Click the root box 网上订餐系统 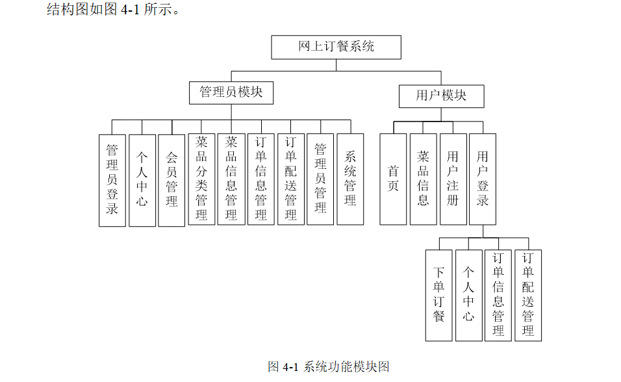click(x=336, y=47)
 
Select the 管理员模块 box click(x=231, y=92)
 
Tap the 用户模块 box click(x=441, y=96)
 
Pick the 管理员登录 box click(x=112, y=180)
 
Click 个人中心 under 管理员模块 click(x=142, y=180)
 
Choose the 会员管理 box click(x=171, y=180)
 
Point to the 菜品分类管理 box click(x=201, y=179)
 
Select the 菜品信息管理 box click(x=231, y=179)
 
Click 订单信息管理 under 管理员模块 click(x=261, y=179)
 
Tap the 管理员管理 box click(x=320, y=179)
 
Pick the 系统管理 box click(x=350, y=179)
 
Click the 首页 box click(x=393, y=179)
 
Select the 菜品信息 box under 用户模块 click(x=423, y=179)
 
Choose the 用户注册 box click(x=453, y=179)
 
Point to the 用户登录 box click(x=483, y=179)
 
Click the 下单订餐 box click(x=438, y=296)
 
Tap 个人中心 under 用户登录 click(x=468, y=296)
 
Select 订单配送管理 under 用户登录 click(x=528, y=296)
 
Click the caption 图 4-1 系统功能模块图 click(x=329, y=367)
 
